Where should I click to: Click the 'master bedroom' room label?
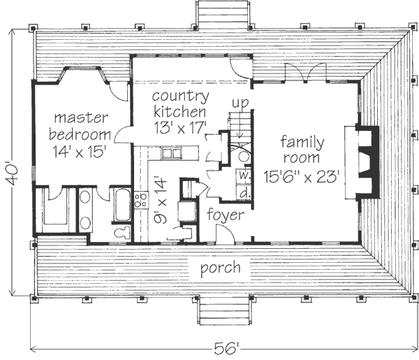(x=80, y=126)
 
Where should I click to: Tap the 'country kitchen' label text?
(x=181, y=103)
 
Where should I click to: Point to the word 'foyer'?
(x=226, y=215)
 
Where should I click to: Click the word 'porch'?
(x=221, y=268)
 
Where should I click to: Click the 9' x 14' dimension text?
(x=161, y=199)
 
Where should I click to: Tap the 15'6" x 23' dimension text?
(x=302, y=177)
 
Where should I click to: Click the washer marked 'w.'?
(x=244, y=176)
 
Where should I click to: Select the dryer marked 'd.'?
(x=244, y=192)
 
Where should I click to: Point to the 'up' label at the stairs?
(x=240, y=103)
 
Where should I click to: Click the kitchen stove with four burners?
(x=141, y=200)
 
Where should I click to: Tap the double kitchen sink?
(x=171, y=154)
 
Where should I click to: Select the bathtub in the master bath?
(x=122, y=205)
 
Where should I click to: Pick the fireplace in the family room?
(x=367, y=162)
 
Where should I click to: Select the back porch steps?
(x=223, y=14)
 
